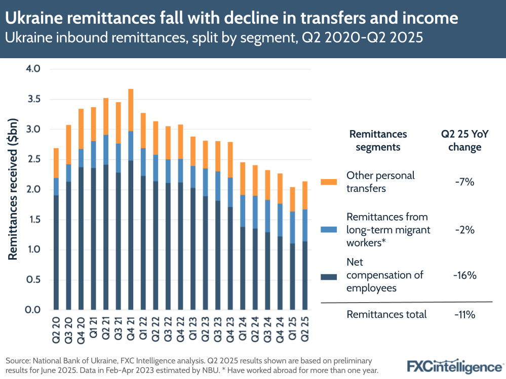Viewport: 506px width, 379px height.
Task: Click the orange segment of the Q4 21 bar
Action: (x=131, y=110)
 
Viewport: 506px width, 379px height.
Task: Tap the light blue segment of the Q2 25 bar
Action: (x=304, y=225)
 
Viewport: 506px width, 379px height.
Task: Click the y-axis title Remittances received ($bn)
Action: (x=13, y=189)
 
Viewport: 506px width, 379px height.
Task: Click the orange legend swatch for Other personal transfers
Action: (x=329, y=181)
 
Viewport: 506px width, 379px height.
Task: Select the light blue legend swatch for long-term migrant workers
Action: (x=329, y=230)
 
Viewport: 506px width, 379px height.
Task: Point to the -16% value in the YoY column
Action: (x=464, y=275)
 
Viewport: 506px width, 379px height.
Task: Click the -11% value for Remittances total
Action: (x=464, y=314)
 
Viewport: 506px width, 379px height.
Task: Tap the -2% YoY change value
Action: (x=464, y=230)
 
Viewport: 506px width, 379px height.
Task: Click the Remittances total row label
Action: (x=386, y=314)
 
